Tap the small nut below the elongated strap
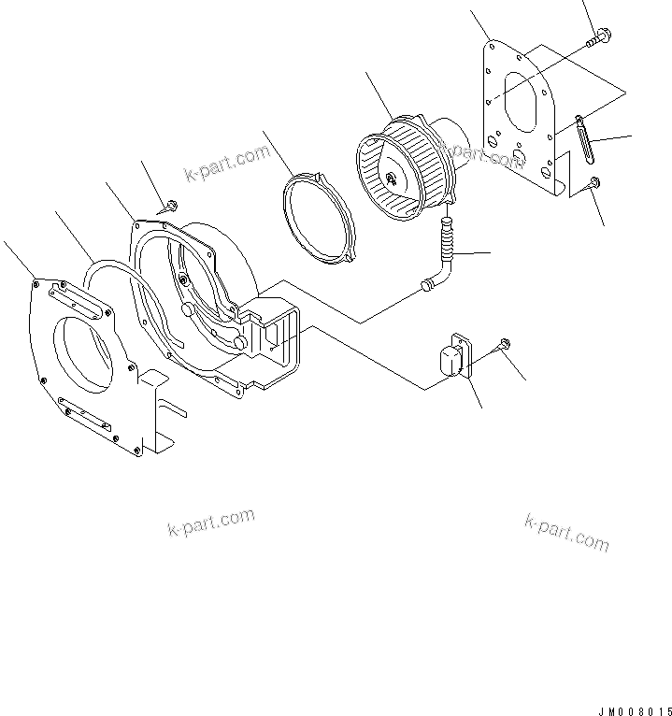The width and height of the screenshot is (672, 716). [594, 183]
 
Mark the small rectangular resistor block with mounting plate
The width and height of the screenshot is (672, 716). [452, 358]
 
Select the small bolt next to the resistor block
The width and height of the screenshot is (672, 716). [504, 345]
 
